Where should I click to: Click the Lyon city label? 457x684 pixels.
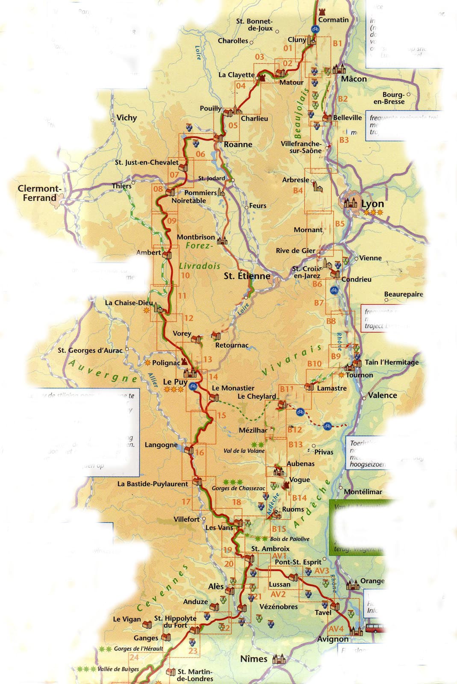(372, 204)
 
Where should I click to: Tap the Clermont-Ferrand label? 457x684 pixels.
(40, 193)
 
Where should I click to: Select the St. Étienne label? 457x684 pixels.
(247, 276)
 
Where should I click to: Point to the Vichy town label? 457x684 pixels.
(127, 118)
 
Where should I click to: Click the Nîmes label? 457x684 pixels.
(254, 659)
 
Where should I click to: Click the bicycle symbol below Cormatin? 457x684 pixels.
(315, 29)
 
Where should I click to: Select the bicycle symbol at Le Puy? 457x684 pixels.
(193, 386)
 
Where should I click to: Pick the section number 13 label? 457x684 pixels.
(208, 360)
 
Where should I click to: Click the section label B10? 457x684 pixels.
(314, 363)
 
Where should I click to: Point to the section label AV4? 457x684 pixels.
(336, 628)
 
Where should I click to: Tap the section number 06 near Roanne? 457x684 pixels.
(200, 154)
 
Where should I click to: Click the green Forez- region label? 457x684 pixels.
(199, 246)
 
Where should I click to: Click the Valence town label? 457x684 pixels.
(382, 395)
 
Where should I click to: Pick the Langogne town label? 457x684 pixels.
(161, 445)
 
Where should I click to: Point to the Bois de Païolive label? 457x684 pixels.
(289, 539)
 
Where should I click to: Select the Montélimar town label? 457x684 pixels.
(363, 492)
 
